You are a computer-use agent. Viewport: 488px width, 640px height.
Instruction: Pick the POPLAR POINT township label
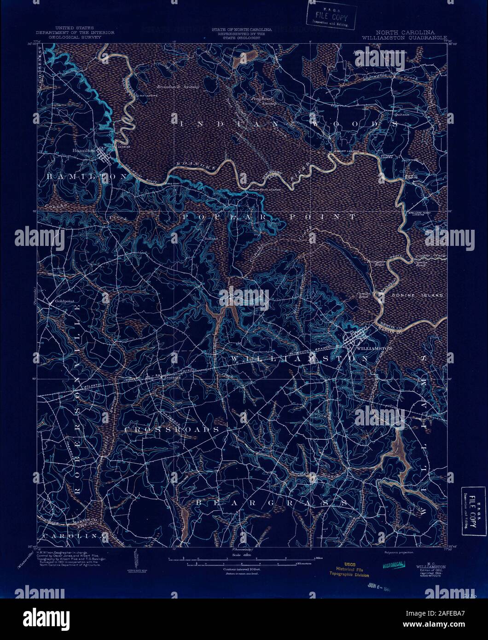tap(269, 216)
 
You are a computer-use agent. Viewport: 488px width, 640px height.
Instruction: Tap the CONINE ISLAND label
tap(424, 295)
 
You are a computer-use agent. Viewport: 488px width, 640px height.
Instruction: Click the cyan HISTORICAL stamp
tap(393, 565)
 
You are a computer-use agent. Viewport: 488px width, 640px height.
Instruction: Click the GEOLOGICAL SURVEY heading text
tap(76, 37)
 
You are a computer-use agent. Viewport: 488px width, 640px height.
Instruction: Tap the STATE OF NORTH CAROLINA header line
tap(241, 29)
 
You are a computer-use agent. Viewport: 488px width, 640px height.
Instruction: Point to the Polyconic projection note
tap(395, 552)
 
